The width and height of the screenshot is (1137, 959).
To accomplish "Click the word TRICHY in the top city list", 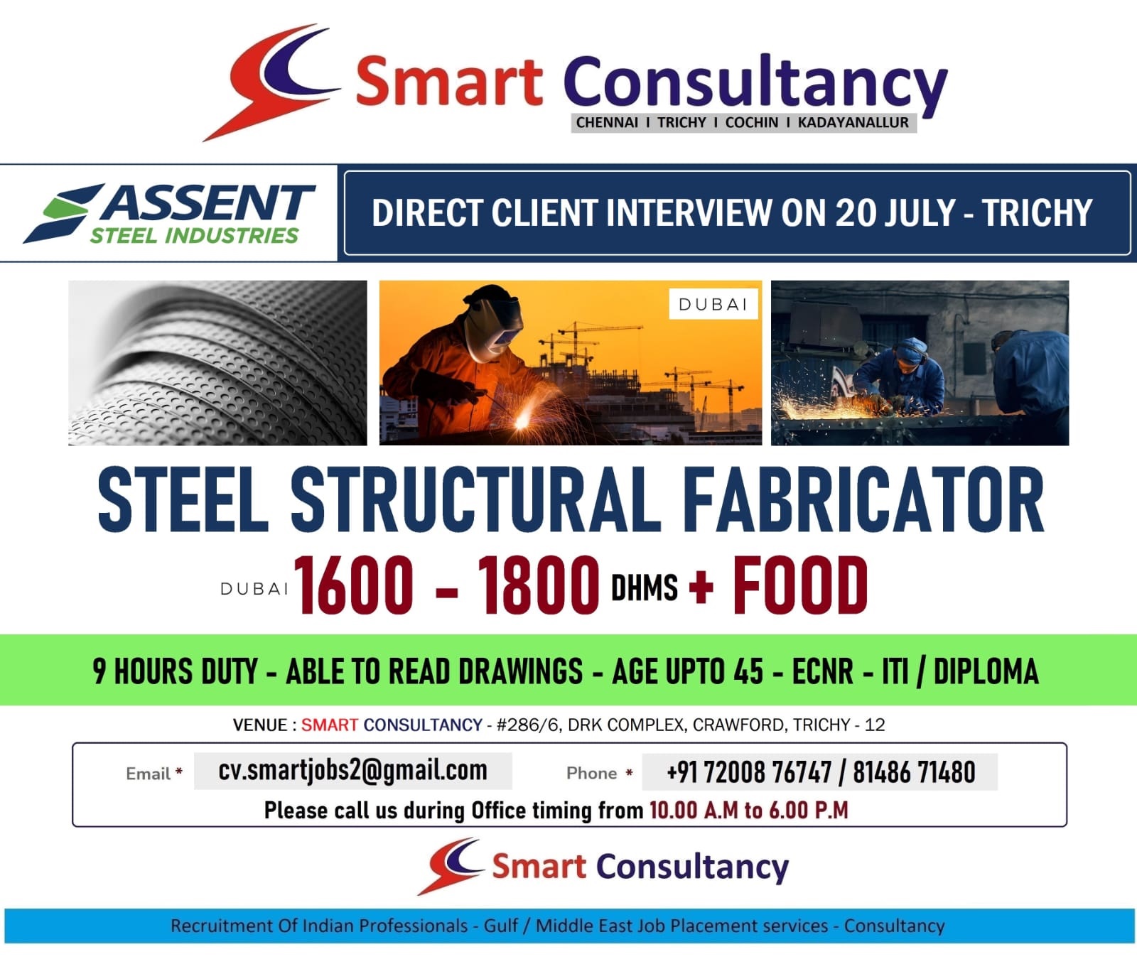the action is [681, 122].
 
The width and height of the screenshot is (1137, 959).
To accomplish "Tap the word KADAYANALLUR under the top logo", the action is [853, 122].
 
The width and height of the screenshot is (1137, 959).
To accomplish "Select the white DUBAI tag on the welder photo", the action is [713, 304].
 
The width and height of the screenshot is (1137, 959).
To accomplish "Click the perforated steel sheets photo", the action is [217, 363].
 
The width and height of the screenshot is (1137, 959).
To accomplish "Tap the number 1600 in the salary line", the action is [354, 585].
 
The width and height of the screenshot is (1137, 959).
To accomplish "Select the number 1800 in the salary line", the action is [539, 585].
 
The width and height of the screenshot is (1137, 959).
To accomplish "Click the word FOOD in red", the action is [800, 585].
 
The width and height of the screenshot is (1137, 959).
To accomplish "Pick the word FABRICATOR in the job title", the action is [863, 499].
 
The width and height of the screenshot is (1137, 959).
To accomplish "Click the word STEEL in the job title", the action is [183, 499].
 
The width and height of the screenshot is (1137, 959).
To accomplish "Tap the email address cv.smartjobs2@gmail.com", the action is [353, 771].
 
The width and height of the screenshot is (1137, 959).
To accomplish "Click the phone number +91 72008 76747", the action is [749, 772].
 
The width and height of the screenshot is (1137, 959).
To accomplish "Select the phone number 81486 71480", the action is [914, 772].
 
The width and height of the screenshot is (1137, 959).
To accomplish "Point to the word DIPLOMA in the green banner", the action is [986, 671].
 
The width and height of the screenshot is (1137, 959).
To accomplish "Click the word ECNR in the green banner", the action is [822, 671].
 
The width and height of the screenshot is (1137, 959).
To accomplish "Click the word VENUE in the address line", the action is [260, 725].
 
